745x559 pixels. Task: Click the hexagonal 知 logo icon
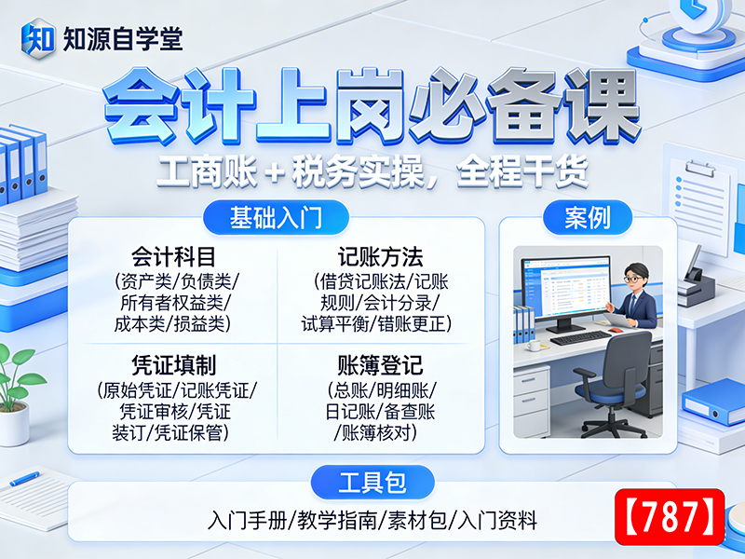(38, 39)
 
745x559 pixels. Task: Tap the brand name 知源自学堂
(123, 39)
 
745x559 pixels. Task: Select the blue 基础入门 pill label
(276, 218)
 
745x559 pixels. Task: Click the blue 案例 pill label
(588, 218)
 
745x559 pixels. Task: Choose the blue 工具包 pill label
(372, 482)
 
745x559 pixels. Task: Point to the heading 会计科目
(173, 257)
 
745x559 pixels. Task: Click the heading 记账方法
(381, 257)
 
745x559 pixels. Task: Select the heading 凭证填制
(173, 365)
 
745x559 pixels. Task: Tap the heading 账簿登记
(381, 365)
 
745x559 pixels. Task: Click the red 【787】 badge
(670, 516)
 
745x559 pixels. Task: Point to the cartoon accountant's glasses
(633, 279)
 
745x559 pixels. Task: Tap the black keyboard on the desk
(580, 337)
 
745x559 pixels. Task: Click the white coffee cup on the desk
(533, 345)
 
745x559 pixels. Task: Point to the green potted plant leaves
(19, 375)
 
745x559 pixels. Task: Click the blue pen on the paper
(24, 478)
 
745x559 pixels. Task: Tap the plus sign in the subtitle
(274, 173)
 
